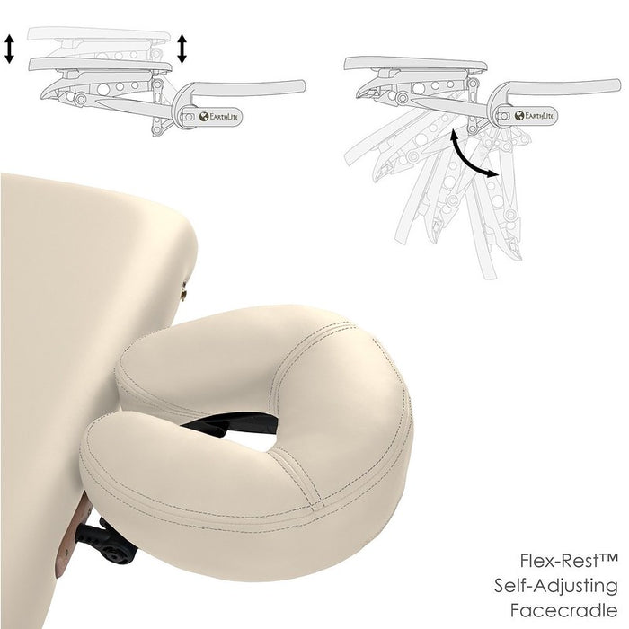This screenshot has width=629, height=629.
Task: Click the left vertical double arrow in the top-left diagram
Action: [9, 49]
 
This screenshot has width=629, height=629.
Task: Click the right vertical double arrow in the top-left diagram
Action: [182, 49]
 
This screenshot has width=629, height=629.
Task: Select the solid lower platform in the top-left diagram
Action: [99, 64]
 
